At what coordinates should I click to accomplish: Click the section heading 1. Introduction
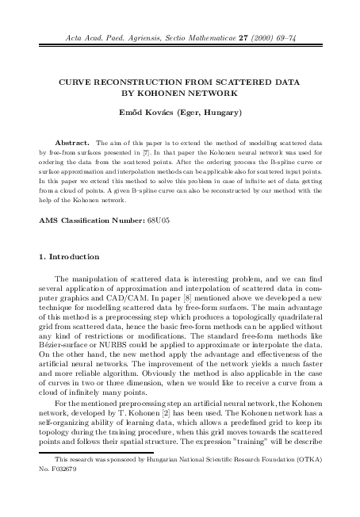coord(70,257)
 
